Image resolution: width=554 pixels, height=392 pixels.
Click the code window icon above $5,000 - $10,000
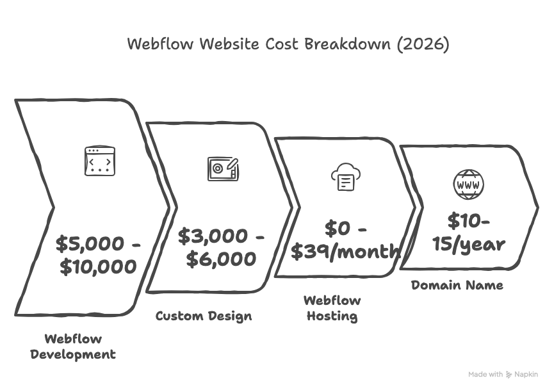pos(101,161)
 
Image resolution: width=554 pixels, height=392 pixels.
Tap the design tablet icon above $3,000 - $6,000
pos(224,168)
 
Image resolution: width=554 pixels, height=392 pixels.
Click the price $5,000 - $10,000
pos(98,254)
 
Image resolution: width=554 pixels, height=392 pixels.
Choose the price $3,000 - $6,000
pos(221,247)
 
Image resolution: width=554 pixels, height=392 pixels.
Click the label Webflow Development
pos(73,347)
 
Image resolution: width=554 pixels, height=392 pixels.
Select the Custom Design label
pos(204,316)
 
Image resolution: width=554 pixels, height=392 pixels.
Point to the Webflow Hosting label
pos(332,308)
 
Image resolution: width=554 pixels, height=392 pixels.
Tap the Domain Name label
pos(457,285)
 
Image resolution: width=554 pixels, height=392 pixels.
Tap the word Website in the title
pos(229,44)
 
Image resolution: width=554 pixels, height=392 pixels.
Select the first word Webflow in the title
pos(161,44)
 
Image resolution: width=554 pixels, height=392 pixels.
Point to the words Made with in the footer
pos(485,375)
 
